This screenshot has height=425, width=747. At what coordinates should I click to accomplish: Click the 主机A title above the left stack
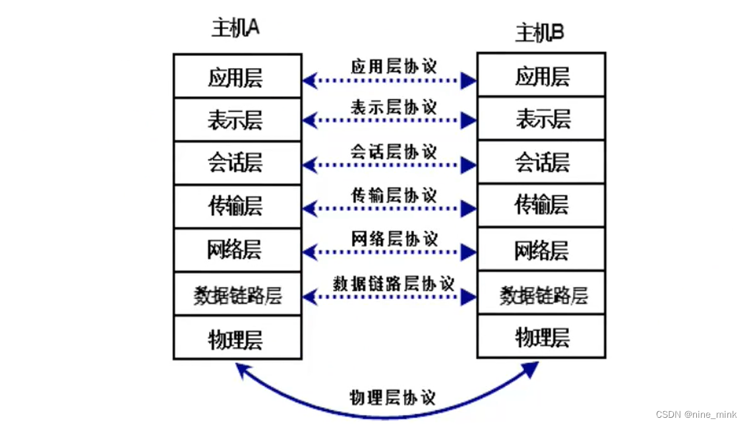point(235,28)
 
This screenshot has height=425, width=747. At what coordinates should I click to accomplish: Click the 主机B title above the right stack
point(540,32)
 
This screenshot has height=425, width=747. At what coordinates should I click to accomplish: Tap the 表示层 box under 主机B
point(541,119)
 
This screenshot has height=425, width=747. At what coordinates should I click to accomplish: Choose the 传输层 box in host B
point(541,205)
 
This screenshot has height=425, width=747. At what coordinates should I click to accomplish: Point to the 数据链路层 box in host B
point(541,294)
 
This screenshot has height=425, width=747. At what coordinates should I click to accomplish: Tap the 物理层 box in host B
point(541,337)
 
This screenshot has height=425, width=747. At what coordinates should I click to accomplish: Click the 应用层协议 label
point(394,66)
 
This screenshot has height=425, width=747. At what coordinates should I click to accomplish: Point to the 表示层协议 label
point(394,107)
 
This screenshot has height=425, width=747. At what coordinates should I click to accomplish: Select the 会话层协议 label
point(394,151)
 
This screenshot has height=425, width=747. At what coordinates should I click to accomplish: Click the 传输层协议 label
point(394,195)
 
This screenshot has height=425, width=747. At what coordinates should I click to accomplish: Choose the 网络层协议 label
point(394,238)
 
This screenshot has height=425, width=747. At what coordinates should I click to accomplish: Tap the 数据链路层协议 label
point(394,283)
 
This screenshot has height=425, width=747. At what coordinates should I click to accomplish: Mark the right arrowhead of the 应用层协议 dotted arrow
point(469,81)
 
